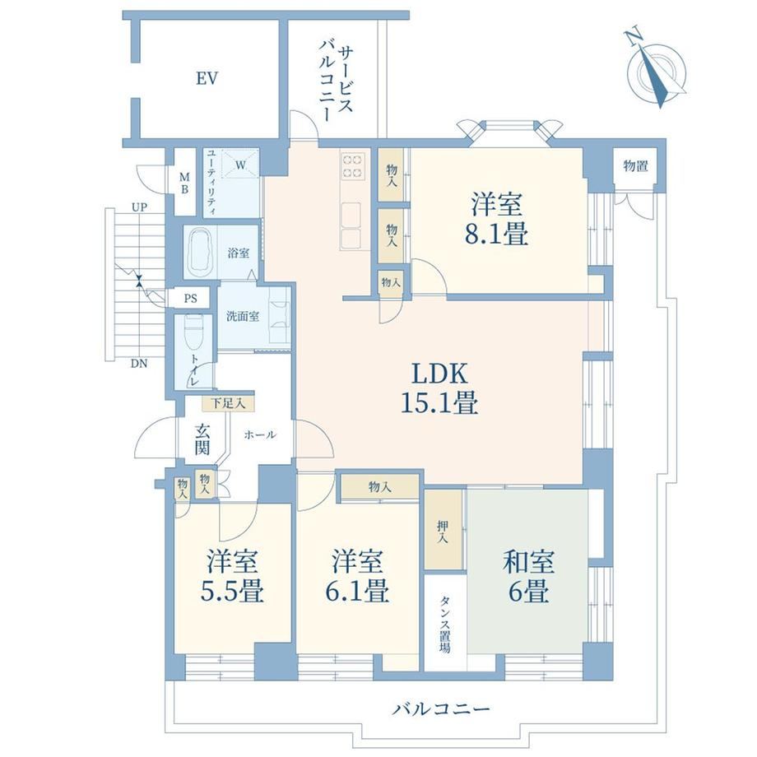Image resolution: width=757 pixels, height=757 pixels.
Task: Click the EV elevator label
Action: pyautogui.click(x=207, y=79)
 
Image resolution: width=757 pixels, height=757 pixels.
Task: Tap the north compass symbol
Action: pyautogui.click(x=656, y=71)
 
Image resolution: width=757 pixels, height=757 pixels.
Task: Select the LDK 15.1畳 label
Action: pyautogui.click(x=439, y=388)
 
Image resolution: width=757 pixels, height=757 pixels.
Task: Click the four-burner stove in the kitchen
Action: pyautogui.click(x=352, y=165)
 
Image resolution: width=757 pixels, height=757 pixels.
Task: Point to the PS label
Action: pyautogui.click(x=191, y=299)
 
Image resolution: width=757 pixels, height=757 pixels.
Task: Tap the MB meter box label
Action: pyautogui.click(x=184, y=183)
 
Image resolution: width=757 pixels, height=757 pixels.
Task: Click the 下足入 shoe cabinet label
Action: pyautogui.click(x=228, y=403)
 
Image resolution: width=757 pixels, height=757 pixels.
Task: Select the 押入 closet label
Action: pyautogui.click(x=443, y=532)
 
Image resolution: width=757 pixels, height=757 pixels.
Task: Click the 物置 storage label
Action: pyautogui.click(x=635, y=166)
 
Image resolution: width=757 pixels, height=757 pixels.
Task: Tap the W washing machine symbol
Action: pyautogui.click(x=240, y=165)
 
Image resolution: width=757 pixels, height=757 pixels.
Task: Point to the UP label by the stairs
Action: pyautogui.click(x=140, y=207)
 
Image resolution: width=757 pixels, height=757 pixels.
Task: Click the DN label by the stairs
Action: pyautogui.click(x=139, y=364)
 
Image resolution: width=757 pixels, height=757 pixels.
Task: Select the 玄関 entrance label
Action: pyautogui.click(x=202, y=440)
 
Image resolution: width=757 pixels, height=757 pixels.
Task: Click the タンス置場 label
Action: pyautogui.click(x=444, y=625)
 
